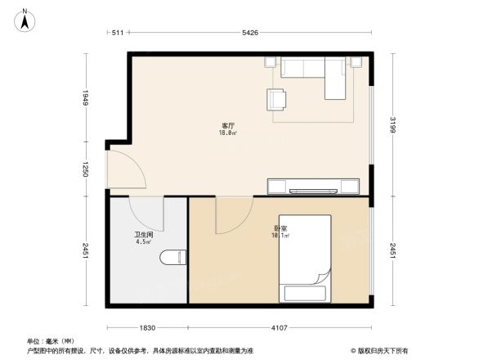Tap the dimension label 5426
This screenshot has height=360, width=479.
pyautogui.click(x=250, y=33)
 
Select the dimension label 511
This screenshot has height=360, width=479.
pyautogui.click(x=117, y=33)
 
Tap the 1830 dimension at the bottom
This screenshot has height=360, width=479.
pyautogui.click(x=147, y=327)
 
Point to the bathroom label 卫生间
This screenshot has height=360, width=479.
pyautogui.click(x=144, y=233)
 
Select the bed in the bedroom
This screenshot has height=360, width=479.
pyautogui.click(x=305, y=260)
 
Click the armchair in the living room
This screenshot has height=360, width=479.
pyautogui.click(x=277, y=99)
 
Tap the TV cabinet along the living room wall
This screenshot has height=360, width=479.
pyautogui.click(x=313, y=186)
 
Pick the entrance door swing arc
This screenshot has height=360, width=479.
pyautogui.click(x=127, y=170)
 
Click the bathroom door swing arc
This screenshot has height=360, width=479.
pyautogui.click(x=148, y=214)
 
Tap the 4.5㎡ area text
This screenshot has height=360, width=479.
pyautogui.click(x=143, y=241)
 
